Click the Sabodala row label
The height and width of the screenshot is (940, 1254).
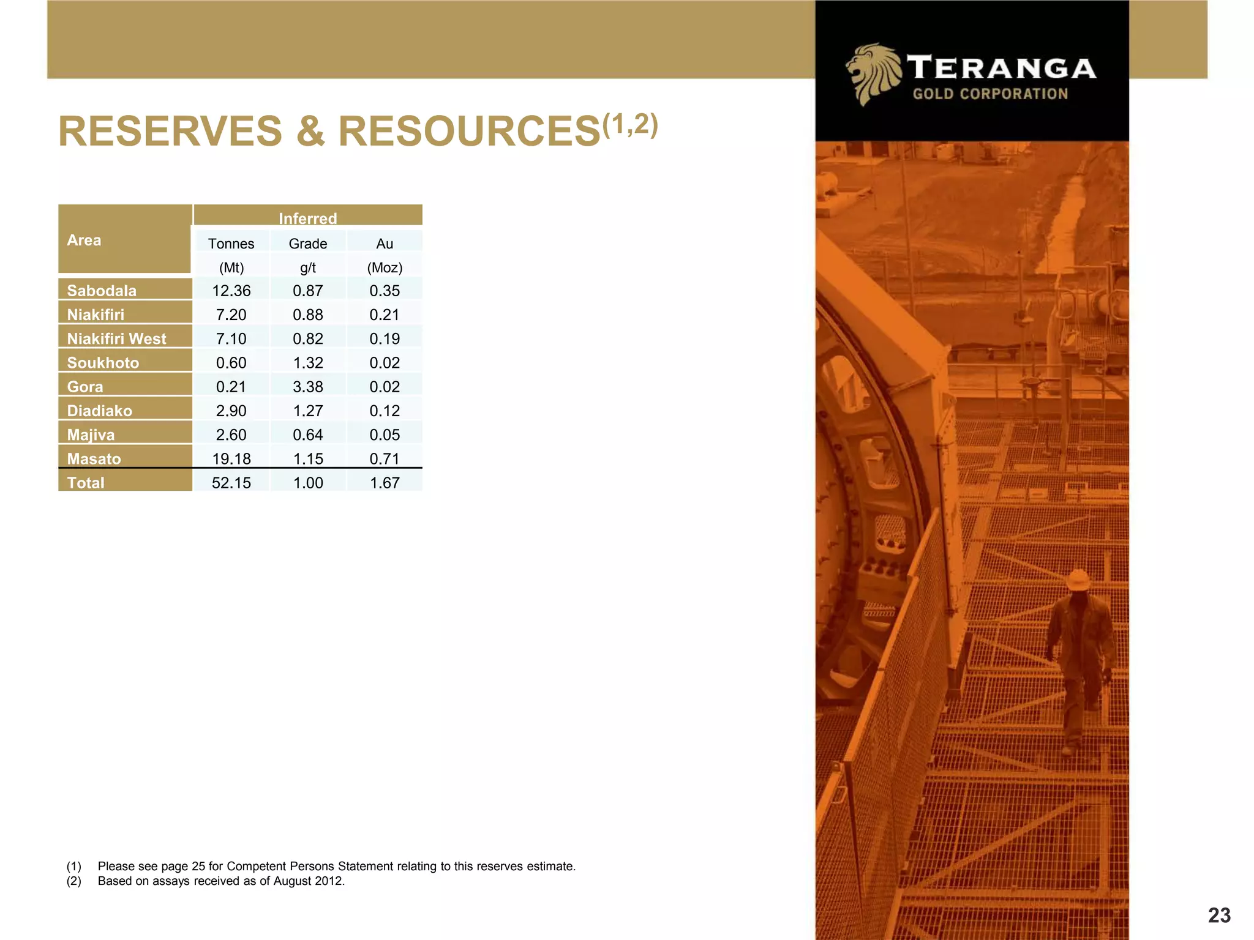(x=102, y=291)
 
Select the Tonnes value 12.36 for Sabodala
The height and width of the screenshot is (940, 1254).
(x=231, y=291)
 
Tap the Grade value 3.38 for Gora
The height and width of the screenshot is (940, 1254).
(x=307, y=387)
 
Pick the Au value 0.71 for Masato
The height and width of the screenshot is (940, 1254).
(x=384, y=458)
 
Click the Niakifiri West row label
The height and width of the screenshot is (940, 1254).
(x=116, y=338)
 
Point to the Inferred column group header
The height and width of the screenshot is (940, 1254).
(x=307, y=218)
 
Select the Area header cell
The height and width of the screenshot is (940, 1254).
(x=84, y=240)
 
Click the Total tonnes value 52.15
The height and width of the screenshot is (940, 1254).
(x=231, y=483)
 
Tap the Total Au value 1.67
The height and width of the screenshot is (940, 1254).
(x=384, y=483)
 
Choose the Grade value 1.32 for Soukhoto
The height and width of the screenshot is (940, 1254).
(x=307, y=363)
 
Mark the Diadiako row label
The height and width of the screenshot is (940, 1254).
(x=99, y=411)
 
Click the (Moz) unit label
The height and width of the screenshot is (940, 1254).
(x=384, y=267)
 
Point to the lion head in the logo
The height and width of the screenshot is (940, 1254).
(x=873, y=73)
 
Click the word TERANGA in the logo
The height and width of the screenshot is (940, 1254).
(x=1001, y=67)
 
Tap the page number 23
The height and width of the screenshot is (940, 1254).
(x=1219, y=916)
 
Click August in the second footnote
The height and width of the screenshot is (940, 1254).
(x=293, y=881)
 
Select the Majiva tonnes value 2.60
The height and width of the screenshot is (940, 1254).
(x=231, y=435)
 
